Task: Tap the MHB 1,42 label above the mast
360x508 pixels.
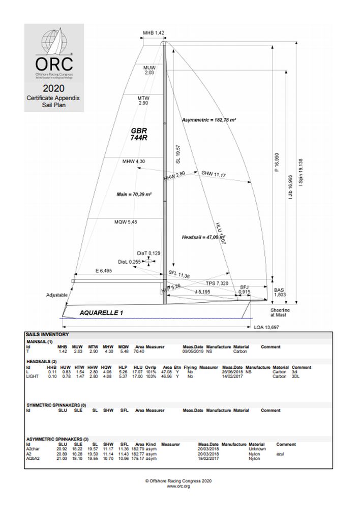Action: [x=153, y=33]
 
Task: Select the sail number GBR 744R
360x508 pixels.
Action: [x=139, y=134]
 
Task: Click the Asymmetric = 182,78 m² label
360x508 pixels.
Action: [x=208, y=120]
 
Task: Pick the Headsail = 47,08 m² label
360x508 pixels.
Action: [x=203, y=237]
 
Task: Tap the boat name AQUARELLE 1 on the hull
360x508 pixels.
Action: [x=101, y=313]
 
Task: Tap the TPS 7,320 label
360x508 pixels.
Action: [x=217, y=283]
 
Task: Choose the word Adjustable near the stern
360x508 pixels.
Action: [x=56, y=295]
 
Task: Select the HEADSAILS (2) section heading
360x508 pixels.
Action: [x=42, y=361]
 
